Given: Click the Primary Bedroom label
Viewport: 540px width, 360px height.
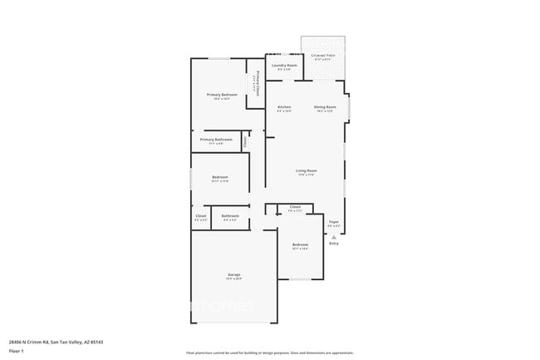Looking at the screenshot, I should pos(222,95).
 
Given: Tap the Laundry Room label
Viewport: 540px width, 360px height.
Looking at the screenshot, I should pos(287,65).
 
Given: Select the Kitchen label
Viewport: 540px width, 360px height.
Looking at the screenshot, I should pos(284,107).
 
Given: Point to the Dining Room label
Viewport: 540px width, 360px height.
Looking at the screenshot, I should pos(325,107).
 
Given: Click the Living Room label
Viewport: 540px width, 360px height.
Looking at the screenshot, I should pos(307,171).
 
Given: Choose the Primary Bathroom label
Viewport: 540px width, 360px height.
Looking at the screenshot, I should pos(216,139).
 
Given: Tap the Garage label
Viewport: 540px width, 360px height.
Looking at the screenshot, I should pos(234,274).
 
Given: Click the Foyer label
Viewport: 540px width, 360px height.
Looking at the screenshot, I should pos(333,222).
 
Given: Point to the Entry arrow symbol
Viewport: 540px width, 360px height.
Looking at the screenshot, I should pos(334,237).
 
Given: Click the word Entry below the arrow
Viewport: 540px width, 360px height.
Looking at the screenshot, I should pos(334,244).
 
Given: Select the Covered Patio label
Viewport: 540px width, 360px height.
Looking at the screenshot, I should pos(323,56).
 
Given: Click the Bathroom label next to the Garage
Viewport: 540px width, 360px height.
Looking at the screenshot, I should pos(230,216).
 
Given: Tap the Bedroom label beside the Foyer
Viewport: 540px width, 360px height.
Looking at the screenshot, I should pos(300,244).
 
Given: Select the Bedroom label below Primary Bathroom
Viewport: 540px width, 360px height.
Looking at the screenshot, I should pos(219,177).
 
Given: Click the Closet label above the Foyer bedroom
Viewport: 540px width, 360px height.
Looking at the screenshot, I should pos(295,206).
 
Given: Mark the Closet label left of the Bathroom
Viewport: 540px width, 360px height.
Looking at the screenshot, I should pos(200,216).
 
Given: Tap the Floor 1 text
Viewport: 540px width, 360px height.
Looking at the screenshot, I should pos(16,351).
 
